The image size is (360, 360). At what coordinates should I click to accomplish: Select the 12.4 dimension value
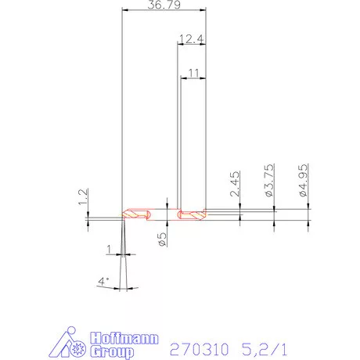(191, 38)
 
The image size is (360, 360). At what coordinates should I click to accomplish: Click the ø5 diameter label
(163, 238)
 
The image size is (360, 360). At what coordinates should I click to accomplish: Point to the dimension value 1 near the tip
(110, 250)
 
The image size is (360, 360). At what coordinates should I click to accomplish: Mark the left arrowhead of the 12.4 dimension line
(179, 45)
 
